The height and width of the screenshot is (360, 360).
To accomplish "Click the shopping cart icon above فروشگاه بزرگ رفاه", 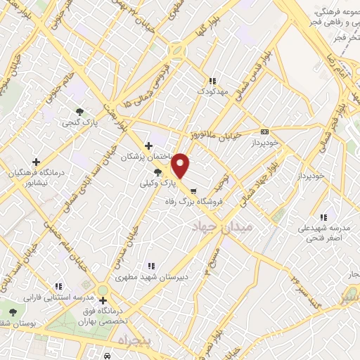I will pyautogui.click(x=192, y=189).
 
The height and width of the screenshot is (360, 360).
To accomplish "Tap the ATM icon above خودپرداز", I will pyautogui.click(x=264, y=131).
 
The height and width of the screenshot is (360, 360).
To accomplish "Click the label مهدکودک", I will pyautogui.click(x=212, y=91).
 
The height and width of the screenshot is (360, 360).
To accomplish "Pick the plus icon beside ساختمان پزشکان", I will pyautogui.click(x=148, y=146).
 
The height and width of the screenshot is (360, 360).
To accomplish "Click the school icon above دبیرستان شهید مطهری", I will pyautogui.click(x=150, y=266).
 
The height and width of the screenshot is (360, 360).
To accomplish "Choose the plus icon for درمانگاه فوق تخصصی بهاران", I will pyautogui.click(x=103, y=301).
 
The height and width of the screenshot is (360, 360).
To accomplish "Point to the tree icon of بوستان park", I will pyautogui.click(x=13, y=311).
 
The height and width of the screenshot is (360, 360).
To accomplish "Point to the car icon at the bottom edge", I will pyautogui.click(x=107, y=356).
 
